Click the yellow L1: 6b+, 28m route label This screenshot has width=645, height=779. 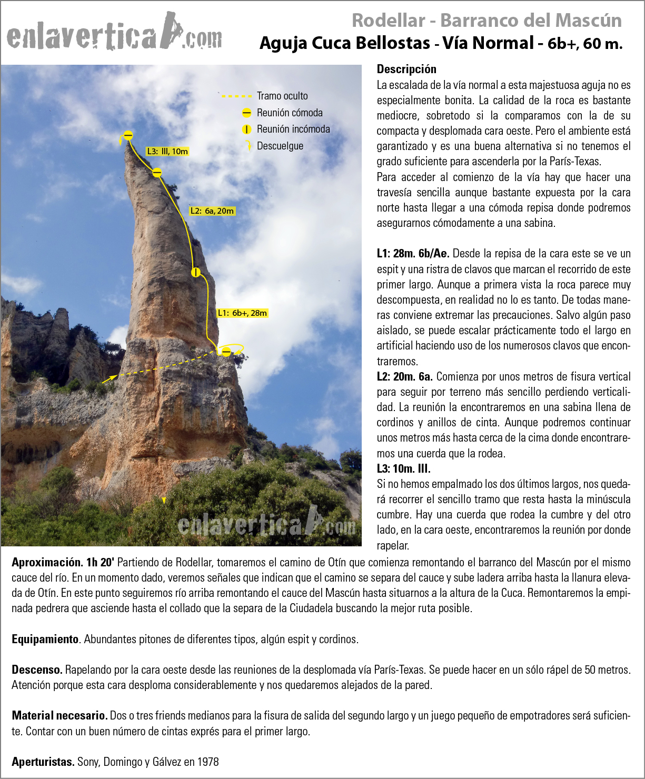(242, 313)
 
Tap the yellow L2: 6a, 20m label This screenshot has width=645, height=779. (212, 211)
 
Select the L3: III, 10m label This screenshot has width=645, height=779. (167, 152)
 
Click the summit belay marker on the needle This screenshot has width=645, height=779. (128, 135)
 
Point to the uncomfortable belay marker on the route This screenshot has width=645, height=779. (196, 272)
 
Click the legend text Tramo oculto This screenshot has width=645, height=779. (282, 96)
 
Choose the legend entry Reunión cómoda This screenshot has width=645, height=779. (290, 113)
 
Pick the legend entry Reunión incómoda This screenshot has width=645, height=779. (293, 129)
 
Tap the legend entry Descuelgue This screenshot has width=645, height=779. (280, 146)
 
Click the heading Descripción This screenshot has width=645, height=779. (406, 69)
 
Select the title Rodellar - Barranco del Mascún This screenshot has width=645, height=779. (487, 21)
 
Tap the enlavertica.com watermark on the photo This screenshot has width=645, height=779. (266, 523)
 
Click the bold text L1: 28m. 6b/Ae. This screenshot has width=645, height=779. (413, 253)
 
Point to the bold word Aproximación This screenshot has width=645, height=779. (46, 562)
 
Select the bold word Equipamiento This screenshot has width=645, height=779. (45, 639)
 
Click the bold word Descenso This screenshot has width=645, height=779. (37, 670)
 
